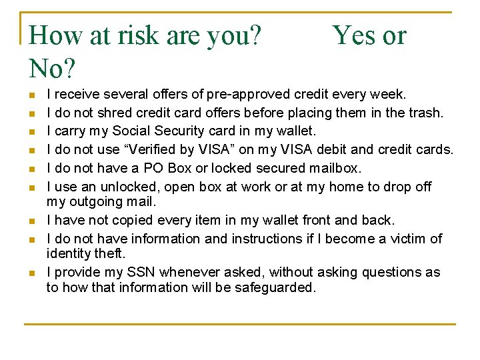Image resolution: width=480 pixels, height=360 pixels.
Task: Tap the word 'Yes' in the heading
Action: (x=356, y=35)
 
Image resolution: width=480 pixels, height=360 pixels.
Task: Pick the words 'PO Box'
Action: (x=191, y=167)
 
